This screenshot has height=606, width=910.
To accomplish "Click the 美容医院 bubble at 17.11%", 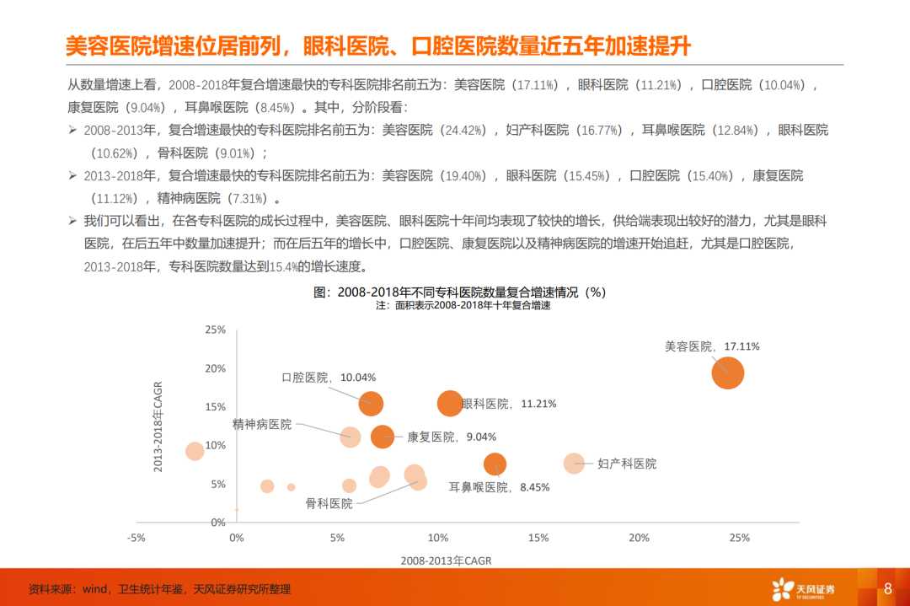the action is (727, 373).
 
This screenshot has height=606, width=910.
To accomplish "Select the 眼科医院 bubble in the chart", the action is (450, 404).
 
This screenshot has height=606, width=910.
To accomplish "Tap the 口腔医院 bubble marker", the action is (371, 404).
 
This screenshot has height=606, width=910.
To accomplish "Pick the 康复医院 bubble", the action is (383, 437).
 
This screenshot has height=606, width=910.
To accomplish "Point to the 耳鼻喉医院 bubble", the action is (495, 464).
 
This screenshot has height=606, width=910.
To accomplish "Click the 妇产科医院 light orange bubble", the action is (574, 464).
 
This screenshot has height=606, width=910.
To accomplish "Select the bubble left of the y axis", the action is (195, 451).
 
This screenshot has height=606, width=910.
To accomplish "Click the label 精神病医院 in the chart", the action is (262, 424).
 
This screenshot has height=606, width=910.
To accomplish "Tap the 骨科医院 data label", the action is (329, 504).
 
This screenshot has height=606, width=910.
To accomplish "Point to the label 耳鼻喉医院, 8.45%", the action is (499, 488).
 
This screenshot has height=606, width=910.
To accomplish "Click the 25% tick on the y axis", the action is (216, 330).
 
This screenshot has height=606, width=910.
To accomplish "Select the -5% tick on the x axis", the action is (136, 538).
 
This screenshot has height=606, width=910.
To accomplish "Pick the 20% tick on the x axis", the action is (639, 538).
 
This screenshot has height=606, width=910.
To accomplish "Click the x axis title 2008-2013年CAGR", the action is (446, 560).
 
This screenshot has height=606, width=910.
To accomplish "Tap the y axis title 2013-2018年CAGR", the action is (158, 426).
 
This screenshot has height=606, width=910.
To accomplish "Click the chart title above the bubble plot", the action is (459, 292).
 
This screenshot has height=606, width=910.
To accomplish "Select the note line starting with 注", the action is (463, 305).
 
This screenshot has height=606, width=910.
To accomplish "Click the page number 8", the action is (887, 588).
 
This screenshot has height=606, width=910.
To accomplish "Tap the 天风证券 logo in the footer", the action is (803, 589).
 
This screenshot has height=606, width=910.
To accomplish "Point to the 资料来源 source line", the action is (159, 589).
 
